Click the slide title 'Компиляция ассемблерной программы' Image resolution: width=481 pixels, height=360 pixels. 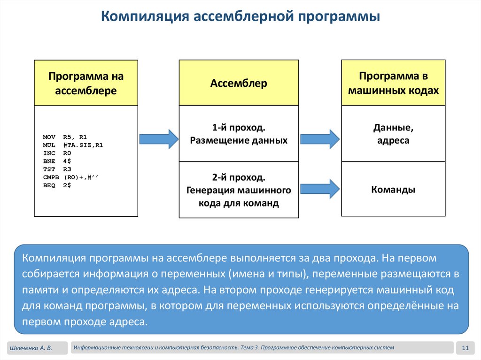[241, 17]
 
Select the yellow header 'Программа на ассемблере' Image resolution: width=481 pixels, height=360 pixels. [86, 83]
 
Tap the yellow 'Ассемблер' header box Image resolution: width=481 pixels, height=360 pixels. [239, 83]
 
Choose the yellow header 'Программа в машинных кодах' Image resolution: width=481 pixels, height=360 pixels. [393, 83]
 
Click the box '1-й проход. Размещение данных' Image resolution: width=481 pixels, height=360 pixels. [239, 134]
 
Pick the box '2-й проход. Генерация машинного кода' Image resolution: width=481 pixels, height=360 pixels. [239, 190]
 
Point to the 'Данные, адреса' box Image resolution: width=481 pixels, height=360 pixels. [393, 134]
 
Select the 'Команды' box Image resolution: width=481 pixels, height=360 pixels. [393, 190]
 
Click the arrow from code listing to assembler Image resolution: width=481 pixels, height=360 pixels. [159, 138]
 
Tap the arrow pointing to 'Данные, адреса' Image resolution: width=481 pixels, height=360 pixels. [319, 139]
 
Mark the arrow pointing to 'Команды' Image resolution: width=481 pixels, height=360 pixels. [319, 189]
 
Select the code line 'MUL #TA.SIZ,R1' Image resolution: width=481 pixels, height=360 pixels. [73, 145]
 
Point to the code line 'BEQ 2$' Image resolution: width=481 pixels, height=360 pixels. [57, 185]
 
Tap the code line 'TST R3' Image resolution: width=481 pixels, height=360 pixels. [57, 169]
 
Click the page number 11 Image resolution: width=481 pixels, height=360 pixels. [465, 348]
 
